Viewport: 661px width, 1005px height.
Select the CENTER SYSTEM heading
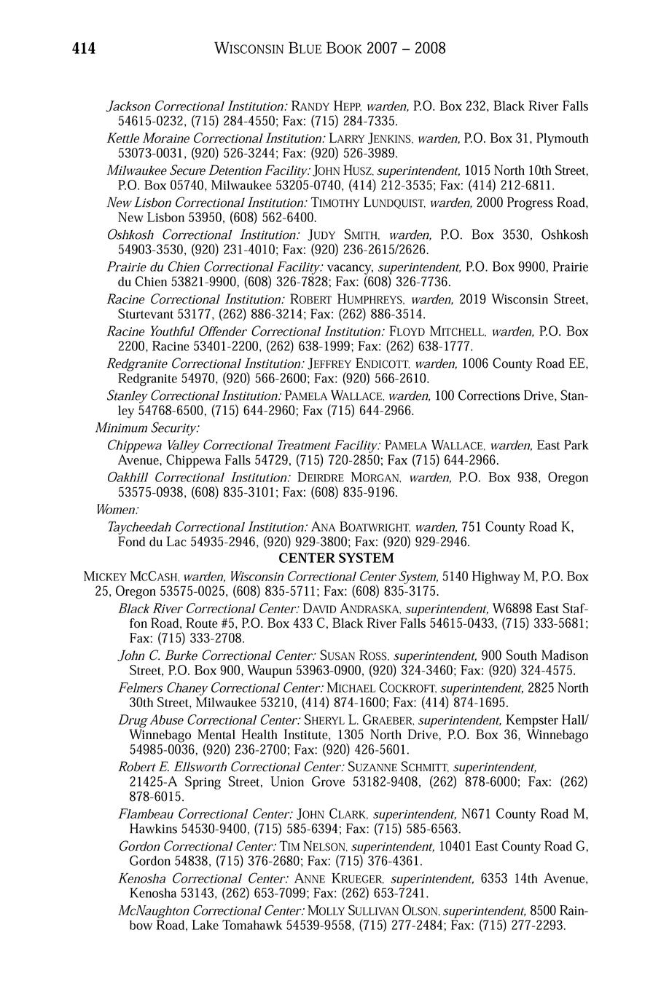coord(336,559)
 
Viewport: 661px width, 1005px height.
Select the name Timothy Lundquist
coord(368,202)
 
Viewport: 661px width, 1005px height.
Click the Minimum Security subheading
coord(147,427)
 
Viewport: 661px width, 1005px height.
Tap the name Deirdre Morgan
coord(348,478)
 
